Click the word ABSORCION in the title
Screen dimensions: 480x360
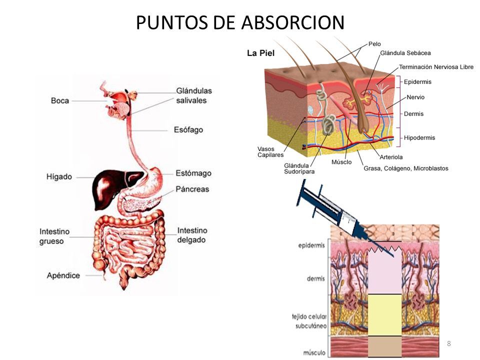pyautogui.click(x=292, y=22)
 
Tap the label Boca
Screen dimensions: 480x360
pyautogui.click(x=59, y=100)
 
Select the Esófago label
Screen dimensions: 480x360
pyautogui.click(x=188, y=130)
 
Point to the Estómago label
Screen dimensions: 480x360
pyautogui.click(x=193, y=173)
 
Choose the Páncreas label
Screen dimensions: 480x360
pyautogui.click(x=192, y=189)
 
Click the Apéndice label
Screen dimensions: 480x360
pyautogui.click(x=63, y=275)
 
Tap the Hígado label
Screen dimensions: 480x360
pyautogui.click(x=59, y=176)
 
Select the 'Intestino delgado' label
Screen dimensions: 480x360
pyautogui.click(x=192, y=235)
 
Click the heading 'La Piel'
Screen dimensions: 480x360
pyautogui.click(x=261, y=53)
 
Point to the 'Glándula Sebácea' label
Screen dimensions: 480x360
pyautogui.click(x=405, y=53)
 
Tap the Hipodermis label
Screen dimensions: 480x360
pyautogui.click(x=419, y=138)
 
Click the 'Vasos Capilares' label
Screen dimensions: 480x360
pyautogui.click(x=270, y=152)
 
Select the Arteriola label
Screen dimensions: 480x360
pyautogui.click(x=391, y=157)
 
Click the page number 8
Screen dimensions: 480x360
pyautogui.click(x=449, y=343)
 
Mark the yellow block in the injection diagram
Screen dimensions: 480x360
pyautogui.click(x=385, y=315)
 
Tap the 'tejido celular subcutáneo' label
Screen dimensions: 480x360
pyautogui.click(x=309, y=321)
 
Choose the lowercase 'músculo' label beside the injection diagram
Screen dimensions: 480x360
pyautogui.click(x=314, y=352)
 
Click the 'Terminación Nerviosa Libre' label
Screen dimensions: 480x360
pyautogui.click(x=436, y=66)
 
